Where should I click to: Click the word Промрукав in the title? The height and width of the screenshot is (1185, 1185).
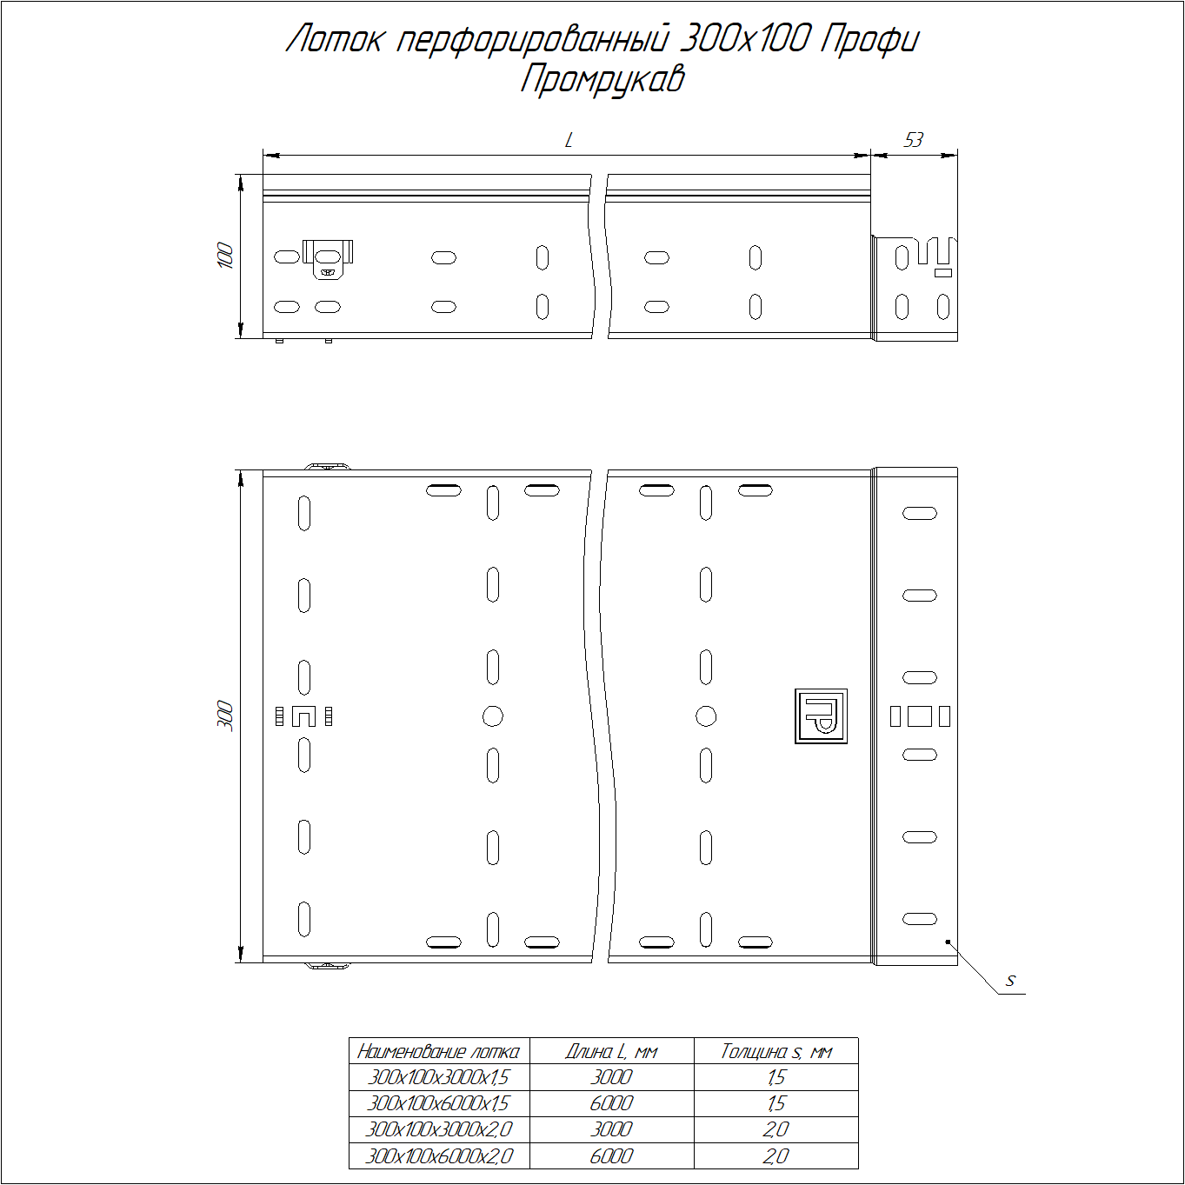(602, 81)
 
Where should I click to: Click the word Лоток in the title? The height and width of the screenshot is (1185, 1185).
(334, 40)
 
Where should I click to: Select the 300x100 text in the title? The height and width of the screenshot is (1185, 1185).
(744, 40)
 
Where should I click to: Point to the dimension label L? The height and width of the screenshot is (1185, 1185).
(569, 141)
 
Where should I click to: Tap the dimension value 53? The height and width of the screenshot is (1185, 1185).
(913, 140)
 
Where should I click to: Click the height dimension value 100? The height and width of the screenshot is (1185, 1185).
(226, 256)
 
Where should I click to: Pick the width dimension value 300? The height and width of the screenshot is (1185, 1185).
(226, 716)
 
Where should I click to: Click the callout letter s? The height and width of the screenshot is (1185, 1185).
(1010, 981)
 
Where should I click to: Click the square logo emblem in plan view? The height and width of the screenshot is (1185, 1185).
(821, 716)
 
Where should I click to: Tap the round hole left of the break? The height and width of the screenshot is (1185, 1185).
(493, 716)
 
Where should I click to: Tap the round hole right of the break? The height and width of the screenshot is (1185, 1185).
(706, 716)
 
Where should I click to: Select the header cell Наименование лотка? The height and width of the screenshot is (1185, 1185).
(438, 1052)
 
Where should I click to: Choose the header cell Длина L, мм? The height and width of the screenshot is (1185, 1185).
(611, 1052)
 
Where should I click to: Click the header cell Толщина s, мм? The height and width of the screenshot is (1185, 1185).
(776, 1052)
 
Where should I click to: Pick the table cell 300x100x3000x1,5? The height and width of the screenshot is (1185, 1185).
(438, 1078)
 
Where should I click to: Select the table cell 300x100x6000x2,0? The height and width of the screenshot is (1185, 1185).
(438, 1156)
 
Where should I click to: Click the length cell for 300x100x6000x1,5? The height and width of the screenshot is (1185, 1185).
(611, 1104)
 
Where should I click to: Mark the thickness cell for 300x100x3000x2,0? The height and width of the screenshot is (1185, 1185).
(776, 1130)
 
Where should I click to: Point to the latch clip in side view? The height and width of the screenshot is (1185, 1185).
(328, 259)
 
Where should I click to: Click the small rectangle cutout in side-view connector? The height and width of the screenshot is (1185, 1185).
(942, 272)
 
